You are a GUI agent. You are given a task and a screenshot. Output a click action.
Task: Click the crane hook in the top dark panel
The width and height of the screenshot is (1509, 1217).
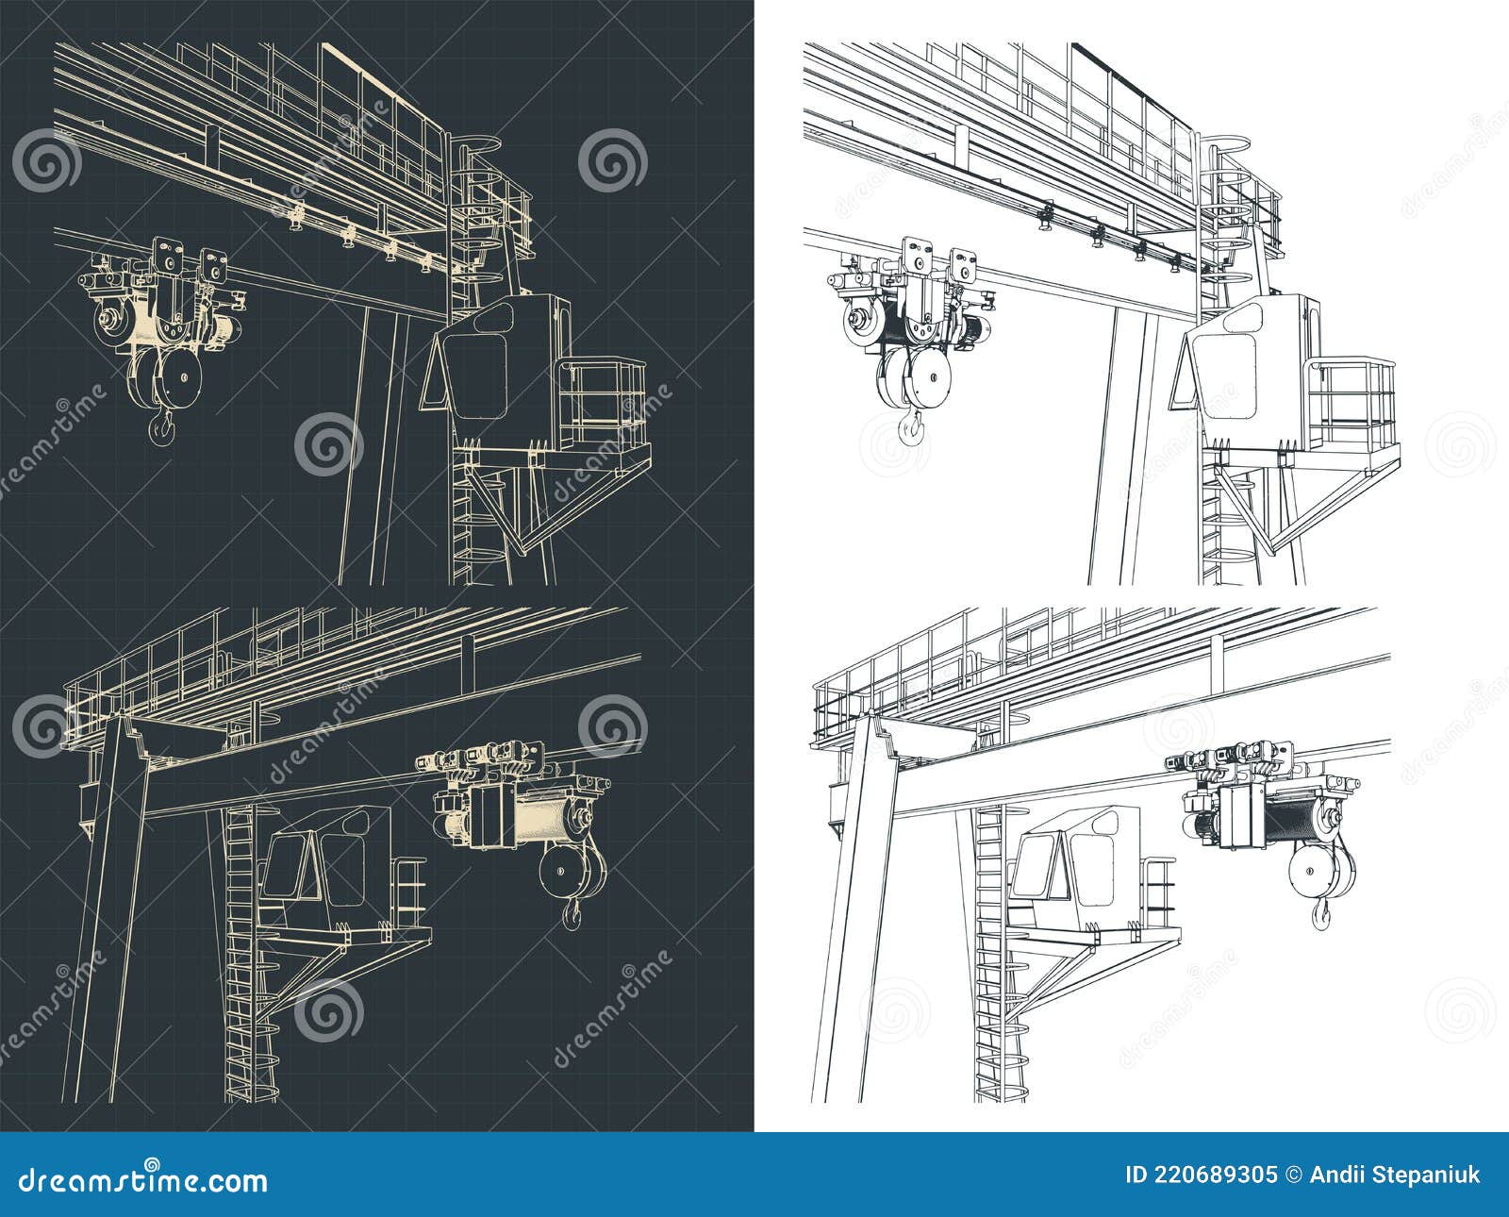161,429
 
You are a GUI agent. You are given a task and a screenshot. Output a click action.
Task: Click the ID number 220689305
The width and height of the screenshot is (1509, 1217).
1202,1175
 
